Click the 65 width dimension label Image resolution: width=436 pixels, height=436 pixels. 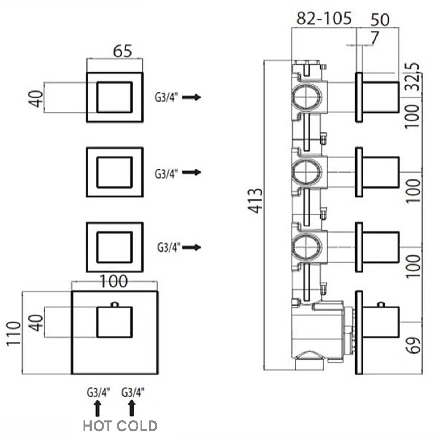pos(122,51)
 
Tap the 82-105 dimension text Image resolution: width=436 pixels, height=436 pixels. pos(324,18)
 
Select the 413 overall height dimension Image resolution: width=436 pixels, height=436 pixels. pos(256,201)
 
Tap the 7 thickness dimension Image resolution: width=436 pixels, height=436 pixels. pos(375,38)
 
